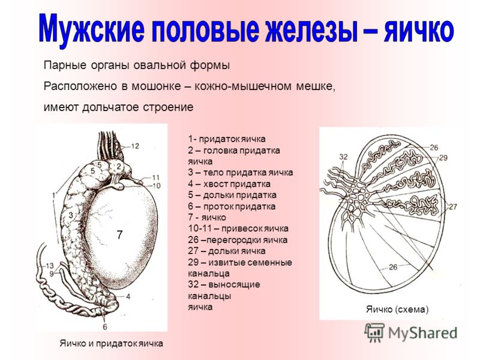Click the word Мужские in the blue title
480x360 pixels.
pyautogui.click(x=92, y=29)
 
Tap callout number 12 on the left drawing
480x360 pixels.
pyautogui.click(x=135, y=146)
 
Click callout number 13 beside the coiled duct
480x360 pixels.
pyautogui.click(x=50, y=265)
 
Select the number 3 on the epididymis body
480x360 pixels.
pyautogui.click(x=71, y=215)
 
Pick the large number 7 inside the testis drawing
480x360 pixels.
pyautogui.click(x=119, y=235)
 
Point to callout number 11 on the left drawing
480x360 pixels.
pyautogui.click(x=156, y=177)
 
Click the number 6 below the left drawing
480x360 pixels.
pyautogui.click(x=105, y=327)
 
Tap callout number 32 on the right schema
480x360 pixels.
pyautogui.click(x=343, y=157)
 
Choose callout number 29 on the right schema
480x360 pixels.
pyautogui.click(x=443, y=158)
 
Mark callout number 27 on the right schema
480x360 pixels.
pyautogui.click(x=452, y=206)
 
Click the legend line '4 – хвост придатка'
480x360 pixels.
pyautogui.click(x=229, y=184)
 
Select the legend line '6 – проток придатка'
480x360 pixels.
pyautogui.click(x=232, y=206)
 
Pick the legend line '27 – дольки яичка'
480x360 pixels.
pyautogui.click(x=227, y=251)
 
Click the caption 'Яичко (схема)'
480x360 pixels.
pyautogui.click(x=397, y=309)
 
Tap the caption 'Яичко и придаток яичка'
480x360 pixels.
pyautogui.click(x=112, y=343)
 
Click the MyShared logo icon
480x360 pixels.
pyautogui.click(x=374, y=332)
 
